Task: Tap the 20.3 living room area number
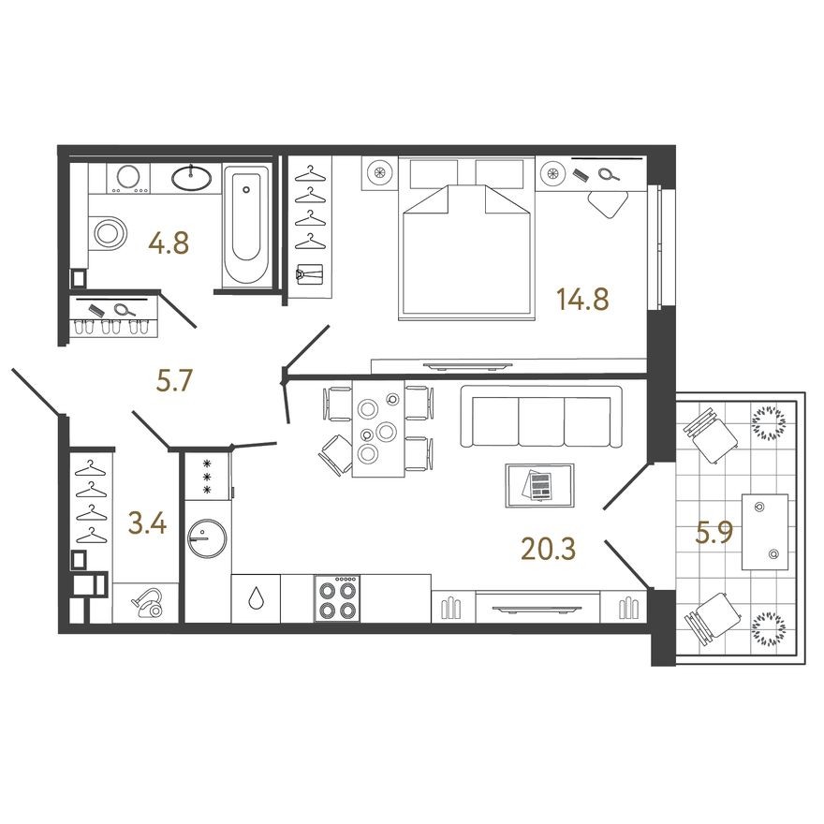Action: (548, 549)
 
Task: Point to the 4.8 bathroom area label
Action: (169, 243)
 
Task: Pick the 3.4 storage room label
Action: (147, 523)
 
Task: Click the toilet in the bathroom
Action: (110, 231)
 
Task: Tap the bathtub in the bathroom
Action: (246, 225)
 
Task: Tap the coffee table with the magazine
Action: (537, 485)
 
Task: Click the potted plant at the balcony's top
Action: (769, 423)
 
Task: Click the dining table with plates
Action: (378, 429)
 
